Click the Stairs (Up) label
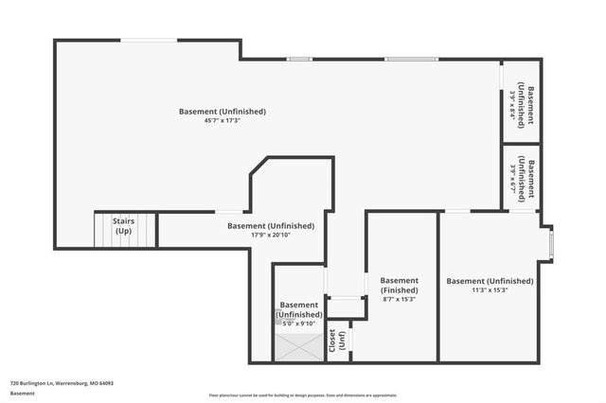click(x=123, y=226)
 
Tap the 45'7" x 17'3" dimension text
click(x=223, y=121)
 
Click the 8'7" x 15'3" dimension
click(x=399, y=299)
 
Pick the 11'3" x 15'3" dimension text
click(x=490, y=291)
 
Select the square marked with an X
click(x=298, y=347)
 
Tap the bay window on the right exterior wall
click(x=553, y=244)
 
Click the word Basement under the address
click(x=23, y=393)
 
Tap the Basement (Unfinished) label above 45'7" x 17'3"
click(x=223, y=112)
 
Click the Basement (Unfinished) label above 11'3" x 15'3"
click(x=490, y=281)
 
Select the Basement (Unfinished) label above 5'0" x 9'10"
click(x=299, y=309)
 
